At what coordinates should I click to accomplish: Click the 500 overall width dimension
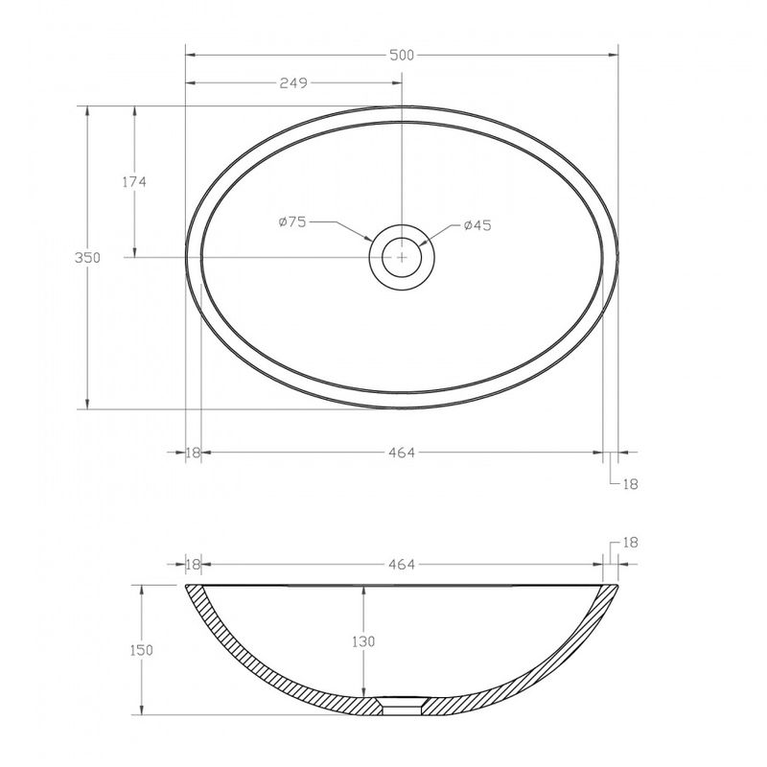click(x=402, y=56)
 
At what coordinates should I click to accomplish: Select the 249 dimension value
click(x=293, y=83)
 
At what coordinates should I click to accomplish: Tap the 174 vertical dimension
click(x=134, y=182)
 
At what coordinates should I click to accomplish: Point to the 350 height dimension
click(x=87, y=257)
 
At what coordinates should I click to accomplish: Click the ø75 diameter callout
click(x=292, y=222)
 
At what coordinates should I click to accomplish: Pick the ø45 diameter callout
click(x=477, y=225)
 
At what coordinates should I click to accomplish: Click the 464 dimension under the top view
click(x=402, y=453)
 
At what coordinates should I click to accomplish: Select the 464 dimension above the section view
click(x=402, y=565)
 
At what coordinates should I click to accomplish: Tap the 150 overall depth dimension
click(x=141, y=650)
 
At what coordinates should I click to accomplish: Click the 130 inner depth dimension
click(x=363, y=641)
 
